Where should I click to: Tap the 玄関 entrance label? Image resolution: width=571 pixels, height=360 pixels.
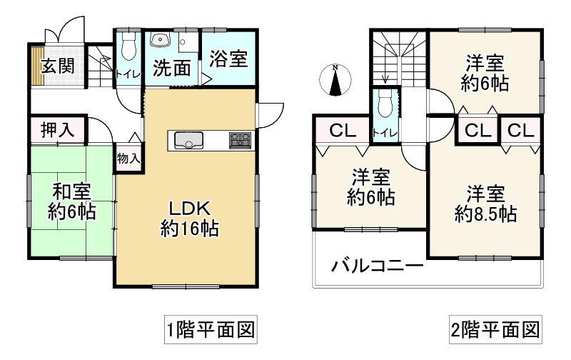point(57,66)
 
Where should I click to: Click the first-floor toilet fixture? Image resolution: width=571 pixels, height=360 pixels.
point(128,47)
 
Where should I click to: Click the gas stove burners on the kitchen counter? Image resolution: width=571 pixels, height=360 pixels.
point(239,141)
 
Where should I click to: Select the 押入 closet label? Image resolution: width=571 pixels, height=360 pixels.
point(57,131)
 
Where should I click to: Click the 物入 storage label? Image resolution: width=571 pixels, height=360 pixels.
point(128,158)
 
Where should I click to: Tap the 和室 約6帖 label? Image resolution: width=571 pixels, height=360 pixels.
point(71,201)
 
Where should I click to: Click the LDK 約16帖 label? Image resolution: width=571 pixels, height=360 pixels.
point(188,219)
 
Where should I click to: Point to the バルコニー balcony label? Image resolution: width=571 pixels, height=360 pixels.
point(377,267)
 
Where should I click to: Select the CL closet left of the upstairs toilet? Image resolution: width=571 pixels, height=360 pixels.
point(342,131)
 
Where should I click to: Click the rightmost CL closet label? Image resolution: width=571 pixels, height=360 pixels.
point(521,131)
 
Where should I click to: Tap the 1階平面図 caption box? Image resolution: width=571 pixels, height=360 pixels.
point(210,331)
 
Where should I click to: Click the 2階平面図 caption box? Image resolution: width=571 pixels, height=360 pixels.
point(494,331)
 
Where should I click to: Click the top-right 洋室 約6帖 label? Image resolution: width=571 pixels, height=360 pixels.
point(485,73)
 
